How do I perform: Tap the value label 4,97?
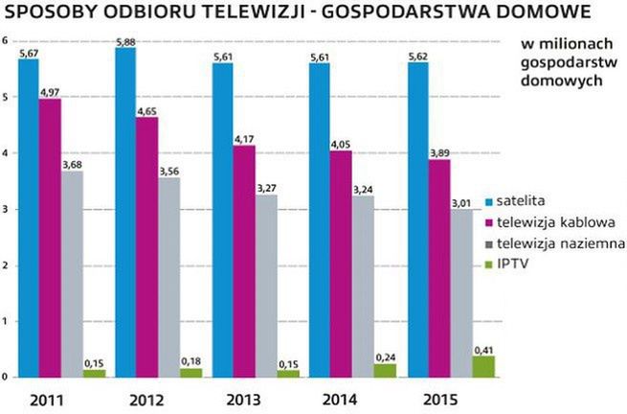click(x=51, y=92)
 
